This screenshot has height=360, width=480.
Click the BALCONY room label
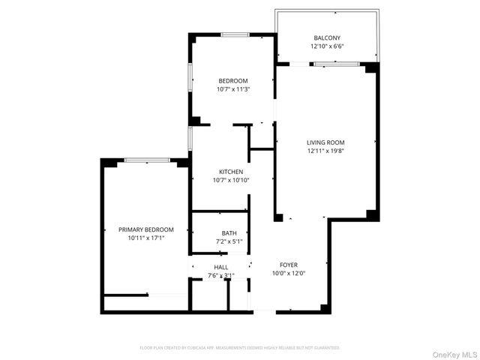(326, 38)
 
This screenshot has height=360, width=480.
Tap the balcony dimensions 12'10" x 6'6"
(326, 46)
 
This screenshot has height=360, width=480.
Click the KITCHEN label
(230, 172)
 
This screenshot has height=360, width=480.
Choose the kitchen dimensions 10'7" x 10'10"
(230, 180)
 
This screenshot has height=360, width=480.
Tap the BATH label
(229, 233)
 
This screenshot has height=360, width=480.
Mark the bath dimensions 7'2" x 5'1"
(229, 241)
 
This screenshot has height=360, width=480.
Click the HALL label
(221, 267)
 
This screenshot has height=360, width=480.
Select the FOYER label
(289, 265)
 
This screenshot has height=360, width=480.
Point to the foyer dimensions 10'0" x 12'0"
(289, 274)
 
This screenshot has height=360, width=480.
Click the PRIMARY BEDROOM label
(146, 229)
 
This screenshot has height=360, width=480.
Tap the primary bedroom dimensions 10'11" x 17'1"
(146, 238)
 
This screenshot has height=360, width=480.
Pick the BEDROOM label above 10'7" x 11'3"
(232, 81)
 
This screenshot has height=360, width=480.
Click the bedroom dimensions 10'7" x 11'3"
(232, 89)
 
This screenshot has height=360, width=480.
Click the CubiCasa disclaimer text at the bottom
(240, 348)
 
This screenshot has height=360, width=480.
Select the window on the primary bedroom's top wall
(146, 159)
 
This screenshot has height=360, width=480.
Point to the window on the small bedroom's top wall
(235, 34)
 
